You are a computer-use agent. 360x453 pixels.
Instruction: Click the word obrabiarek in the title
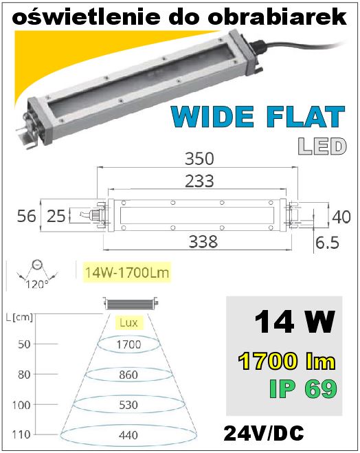pos(277,16)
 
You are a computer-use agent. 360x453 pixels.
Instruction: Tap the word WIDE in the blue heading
pos(212,116)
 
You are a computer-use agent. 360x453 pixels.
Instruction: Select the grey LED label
pos(322,146)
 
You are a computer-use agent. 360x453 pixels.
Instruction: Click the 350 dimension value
pos(199,159)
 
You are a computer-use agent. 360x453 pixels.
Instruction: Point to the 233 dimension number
pos(199,181)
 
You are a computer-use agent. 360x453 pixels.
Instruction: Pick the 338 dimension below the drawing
pos(203,241)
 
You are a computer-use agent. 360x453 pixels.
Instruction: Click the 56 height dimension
pos(26,216)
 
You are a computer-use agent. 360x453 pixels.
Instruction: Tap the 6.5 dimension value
pos(327,243)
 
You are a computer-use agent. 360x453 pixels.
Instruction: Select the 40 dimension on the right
pos(341,217)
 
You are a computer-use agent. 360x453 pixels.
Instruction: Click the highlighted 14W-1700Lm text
pos(127,272)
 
